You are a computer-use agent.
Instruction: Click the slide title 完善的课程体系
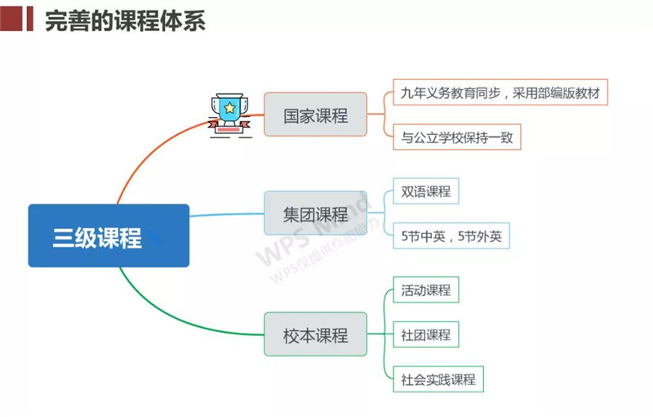124,20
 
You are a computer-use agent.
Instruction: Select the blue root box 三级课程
109,236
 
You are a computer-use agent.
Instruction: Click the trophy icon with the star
229,114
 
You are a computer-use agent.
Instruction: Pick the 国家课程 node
316,115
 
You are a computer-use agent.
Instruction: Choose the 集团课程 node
316,215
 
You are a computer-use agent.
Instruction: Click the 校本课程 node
316,334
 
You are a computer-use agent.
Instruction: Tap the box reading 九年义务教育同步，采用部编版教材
500,93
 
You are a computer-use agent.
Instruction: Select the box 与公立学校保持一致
456,137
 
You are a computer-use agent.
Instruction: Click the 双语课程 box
425,191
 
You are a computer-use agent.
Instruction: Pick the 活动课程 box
425,289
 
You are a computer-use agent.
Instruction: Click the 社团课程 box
425,334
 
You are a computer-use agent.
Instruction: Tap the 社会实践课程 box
438,379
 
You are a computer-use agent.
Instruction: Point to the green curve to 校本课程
163,311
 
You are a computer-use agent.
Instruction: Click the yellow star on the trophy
229,108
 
